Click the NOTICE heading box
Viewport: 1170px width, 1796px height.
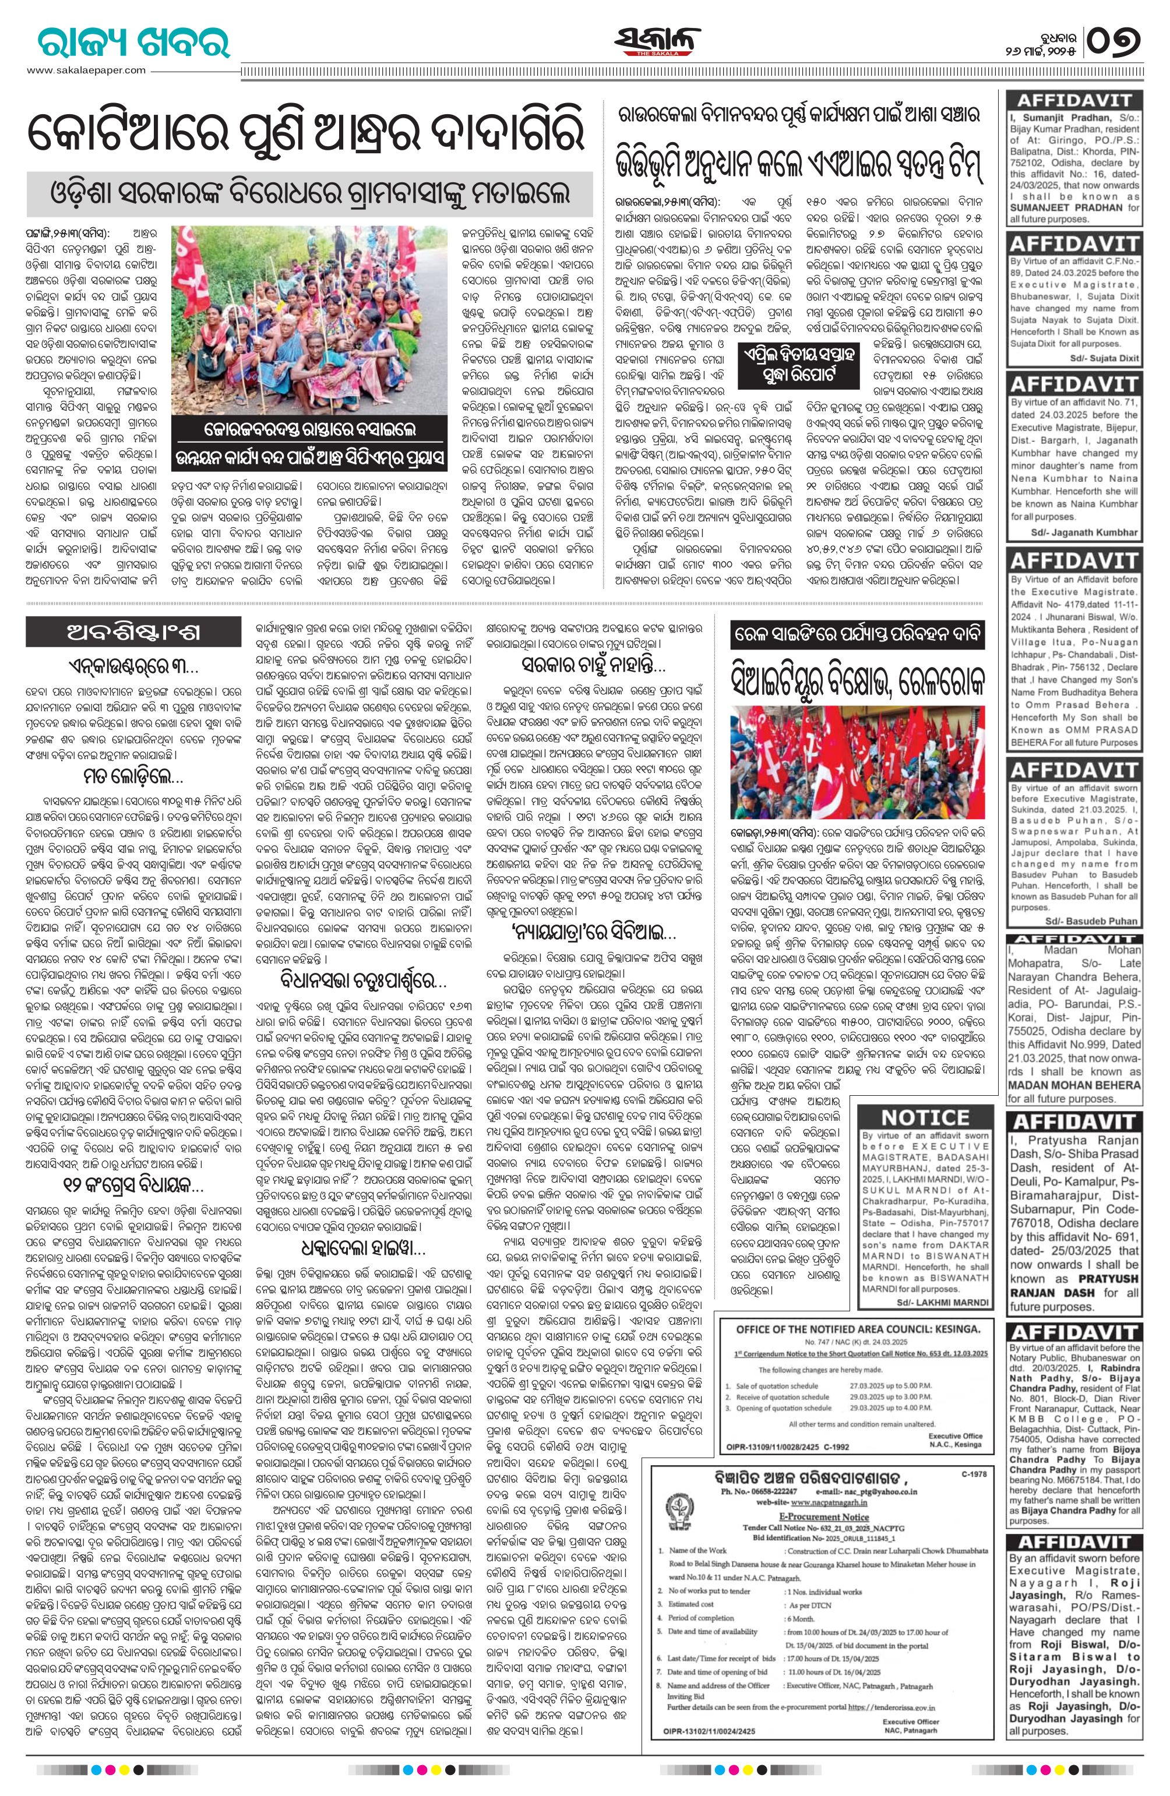(x=925, y=1116)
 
